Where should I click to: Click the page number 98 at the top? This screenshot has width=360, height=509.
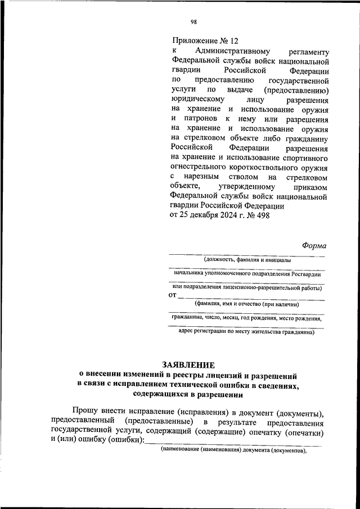(193, 22)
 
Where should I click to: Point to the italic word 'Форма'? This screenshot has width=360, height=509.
(314, 245)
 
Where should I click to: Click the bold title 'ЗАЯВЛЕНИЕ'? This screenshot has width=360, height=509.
(188, 365)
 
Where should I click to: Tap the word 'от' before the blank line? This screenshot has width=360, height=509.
(173, 295)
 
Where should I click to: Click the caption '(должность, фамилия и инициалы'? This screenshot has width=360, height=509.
(247, 260)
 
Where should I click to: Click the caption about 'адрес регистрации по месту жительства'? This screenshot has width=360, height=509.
(246, 332)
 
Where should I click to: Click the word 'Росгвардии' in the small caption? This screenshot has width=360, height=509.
(306, 274)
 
